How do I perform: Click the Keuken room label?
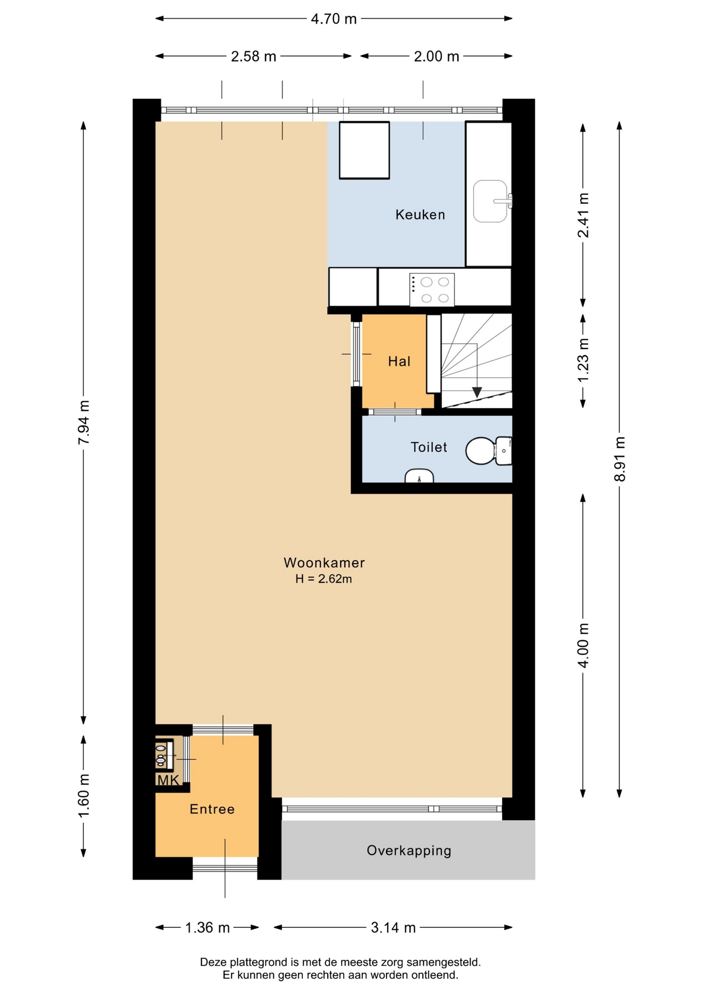(x=420, y=214)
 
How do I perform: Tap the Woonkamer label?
(x=324, y=562)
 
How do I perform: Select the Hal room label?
(x=399, y=361)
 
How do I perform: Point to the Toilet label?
(x=429, y=447)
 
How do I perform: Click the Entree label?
(x=212, y=809)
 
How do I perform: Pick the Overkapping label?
(x=409, y=851)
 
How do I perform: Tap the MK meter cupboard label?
(x=168, y=780)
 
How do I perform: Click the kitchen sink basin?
(x=491, y=201)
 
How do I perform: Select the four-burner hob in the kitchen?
(x=432, y=290)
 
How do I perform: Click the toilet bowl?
(x=481, y=450)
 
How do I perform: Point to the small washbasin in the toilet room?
(x=419, y=476)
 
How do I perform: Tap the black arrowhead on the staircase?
(x=477, y=392)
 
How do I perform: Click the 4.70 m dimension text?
(x=334, y=19)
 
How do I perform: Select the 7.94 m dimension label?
(x=84, y=422)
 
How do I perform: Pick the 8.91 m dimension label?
(x=620, y=459)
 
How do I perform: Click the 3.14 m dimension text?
(x=393, y=927)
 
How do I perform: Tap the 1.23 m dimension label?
(x=583, y=360)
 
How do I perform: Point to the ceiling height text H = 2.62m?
(x=324, y=579)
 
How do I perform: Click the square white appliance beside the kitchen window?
(x=364, y=150)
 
